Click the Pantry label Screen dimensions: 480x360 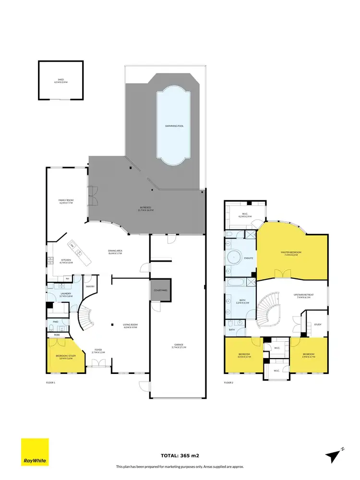[90, 287]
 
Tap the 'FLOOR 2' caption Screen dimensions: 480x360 [228, 383]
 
